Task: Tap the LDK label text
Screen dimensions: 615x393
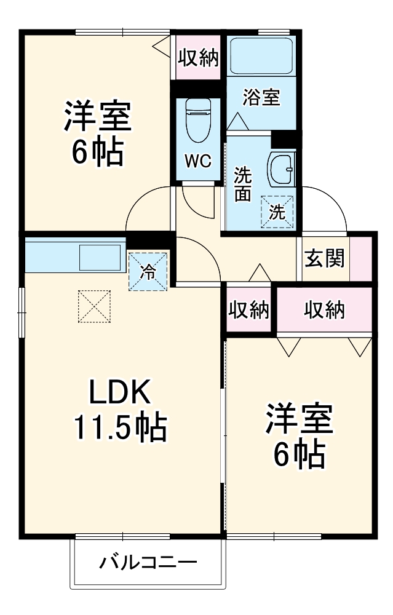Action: click(x=121, y=392)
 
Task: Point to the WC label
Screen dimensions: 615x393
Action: click(x=198, y=161)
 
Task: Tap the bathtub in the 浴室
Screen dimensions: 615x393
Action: click(x=261, y=57)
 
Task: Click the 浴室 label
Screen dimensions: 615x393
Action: click(x=261, y=97)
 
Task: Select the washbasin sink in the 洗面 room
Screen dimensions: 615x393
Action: click(x=281, y=169)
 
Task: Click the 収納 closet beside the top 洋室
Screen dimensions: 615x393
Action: click(x=198, y=58)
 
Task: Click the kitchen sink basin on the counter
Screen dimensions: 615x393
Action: click(x=100, y=256)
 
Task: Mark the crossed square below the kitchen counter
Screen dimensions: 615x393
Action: click(x=94, y=306)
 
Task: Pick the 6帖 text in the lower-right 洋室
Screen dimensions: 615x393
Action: click(x=300, y=454)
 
